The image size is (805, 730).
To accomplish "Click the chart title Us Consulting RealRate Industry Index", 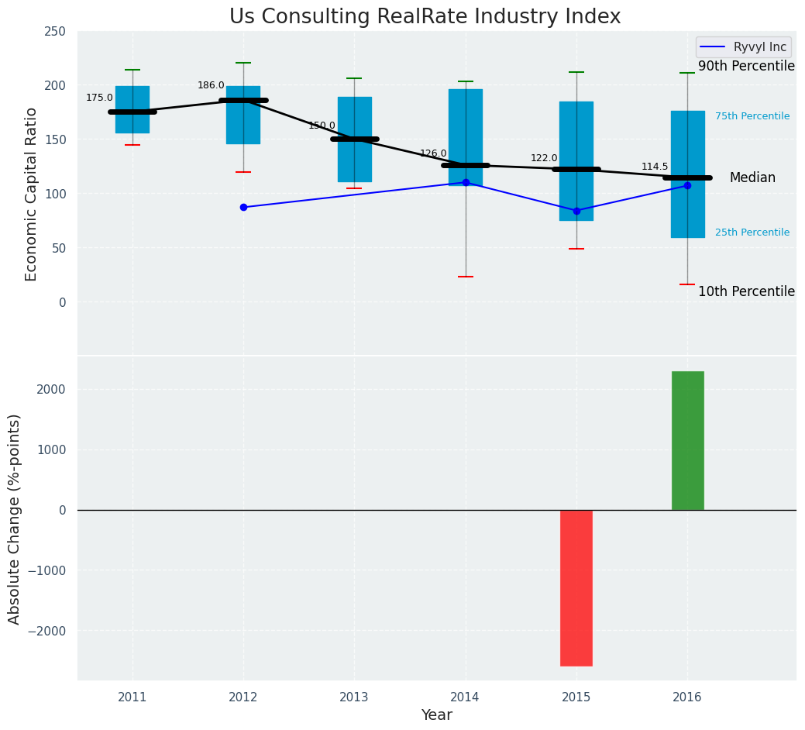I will [x=425, y=17].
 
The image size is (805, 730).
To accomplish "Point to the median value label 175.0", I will [x=99, y=98].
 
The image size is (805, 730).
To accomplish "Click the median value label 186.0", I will [x=211, y=85].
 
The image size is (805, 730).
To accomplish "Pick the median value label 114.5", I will [x=655, y=167].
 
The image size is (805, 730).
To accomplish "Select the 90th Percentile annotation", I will [x=746, y=67].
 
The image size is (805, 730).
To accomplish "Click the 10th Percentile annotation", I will [x=746, y=291].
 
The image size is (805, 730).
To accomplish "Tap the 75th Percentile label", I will [x=752, y=116].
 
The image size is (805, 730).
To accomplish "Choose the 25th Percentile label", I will [x=752, y=232].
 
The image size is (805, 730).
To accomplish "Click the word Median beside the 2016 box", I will [x=752, y=178].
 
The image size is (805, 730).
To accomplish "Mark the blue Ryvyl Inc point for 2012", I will [x=243, y=207].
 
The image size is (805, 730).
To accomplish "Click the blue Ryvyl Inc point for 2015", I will [x=576, y=211].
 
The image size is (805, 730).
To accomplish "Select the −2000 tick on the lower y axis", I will [x=47, y=631].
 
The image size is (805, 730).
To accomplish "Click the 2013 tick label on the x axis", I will [x=354, y=697].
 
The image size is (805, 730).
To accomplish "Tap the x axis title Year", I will [x=437, y=715].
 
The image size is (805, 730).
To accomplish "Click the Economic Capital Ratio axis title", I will [x=32, y=194].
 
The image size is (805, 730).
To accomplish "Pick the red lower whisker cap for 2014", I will [x=466, y=277].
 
